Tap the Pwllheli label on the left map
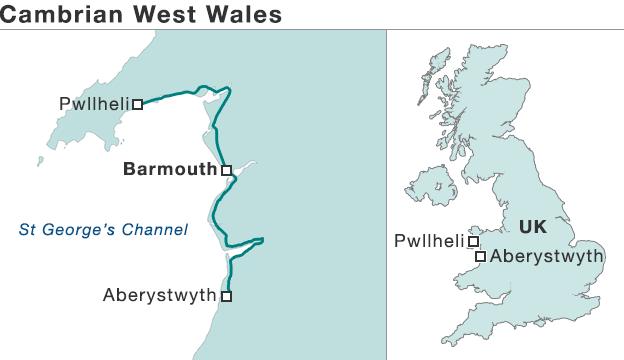(x=94, y=102)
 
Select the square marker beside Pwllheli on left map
(x=138, y=103)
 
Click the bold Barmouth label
(x=169, y=169)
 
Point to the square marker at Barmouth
(x=227, y=170)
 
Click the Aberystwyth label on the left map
(x=159, y=295)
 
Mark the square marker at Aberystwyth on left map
(x=227, y=296)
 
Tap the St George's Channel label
(x=103, y=230)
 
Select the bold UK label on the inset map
(x=533, y=227)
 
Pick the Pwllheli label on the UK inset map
(x=429, y=241)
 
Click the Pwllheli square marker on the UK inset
(x=474, y=241)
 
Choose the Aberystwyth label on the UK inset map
(x=547, y=256)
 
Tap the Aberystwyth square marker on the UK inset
(x=481, y=257)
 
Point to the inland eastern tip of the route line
(x=261, y=239)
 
